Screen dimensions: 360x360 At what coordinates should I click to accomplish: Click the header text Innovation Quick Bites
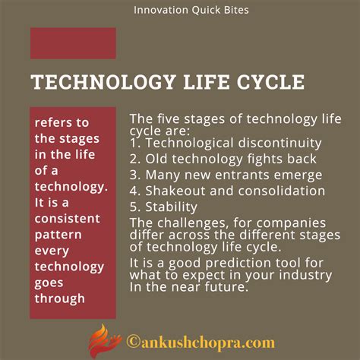point(191,11)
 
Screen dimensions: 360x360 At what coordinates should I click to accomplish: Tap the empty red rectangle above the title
point(73,43)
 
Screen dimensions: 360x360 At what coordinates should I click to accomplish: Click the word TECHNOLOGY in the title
point(103,82)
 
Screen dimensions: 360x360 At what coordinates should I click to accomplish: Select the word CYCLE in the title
point(270,82)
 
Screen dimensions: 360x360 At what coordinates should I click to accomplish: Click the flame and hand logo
point(104,341)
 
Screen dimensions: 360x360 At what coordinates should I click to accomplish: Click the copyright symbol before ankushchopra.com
point(133,342)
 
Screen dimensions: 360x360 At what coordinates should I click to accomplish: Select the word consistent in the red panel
point(68,219)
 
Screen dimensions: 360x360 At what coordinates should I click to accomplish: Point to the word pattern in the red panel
point(58,235)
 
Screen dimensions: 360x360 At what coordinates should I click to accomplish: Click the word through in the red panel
point(60,298)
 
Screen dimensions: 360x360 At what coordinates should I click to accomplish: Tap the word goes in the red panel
point(49,283)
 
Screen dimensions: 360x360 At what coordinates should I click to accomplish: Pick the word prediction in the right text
point(238,264)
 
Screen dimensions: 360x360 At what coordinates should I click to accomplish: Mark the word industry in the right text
point(305,275)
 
